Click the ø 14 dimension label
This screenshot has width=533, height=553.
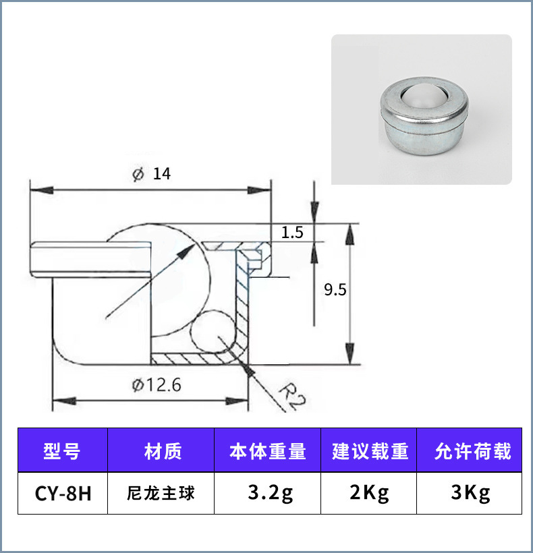tap(152, 174)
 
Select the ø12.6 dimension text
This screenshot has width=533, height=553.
tap(157, 385)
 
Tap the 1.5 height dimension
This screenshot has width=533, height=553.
tap(292, 233)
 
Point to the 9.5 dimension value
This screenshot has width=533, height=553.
tap(335, 290)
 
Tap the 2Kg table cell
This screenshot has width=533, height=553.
tap(370, 493)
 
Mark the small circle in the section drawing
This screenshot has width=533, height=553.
tap(210, 330)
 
